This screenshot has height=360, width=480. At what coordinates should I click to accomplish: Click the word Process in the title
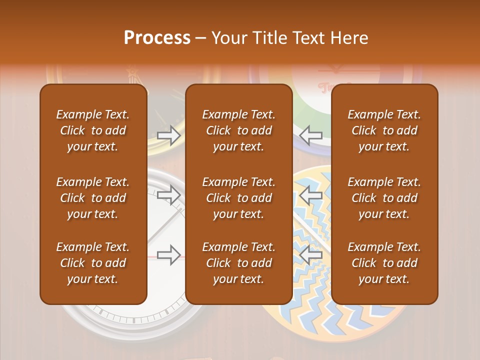click(x=157, y=38)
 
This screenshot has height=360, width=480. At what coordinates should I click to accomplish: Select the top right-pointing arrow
click(x=169, y=135)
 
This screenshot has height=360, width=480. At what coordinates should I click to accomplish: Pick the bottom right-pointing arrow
click(x=169, y=254)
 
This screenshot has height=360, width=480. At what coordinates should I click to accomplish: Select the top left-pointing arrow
click(x=311, y=135)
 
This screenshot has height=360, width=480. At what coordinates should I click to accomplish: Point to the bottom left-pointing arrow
click(x=311, y=254)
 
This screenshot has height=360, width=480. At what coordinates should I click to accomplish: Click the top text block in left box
click(x=93, y=130)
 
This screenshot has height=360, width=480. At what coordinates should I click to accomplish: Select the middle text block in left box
click(x=93, y=198)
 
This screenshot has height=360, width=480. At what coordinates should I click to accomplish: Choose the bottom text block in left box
click(x=93, y=263)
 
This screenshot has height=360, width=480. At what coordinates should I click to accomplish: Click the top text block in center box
click(x=238, y=130)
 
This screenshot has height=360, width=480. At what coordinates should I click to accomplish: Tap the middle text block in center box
click(x=238, y=198)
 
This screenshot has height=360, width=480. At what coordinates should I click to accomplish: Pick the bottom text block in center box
click(x=238, y=263)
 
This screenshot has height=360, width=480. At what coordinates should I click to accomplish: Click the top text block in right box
click(x=384, y=130)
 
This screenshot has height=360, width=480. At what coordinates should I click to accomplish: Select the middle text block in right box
click(x=384, y=198)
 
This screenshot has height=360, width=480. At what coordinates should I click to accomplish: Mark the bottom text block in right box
click(x=384, y=263)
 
